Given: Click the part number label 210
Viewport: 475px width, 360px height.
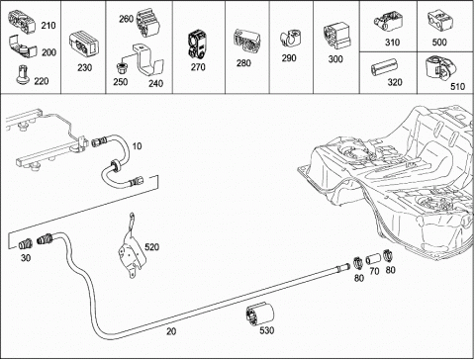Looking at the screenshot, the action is pyautogui.click(x=48, y=26).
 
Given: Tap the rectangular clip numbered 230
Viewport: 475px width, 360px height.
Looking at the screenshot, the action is pyautogui.click(x=84, y=43).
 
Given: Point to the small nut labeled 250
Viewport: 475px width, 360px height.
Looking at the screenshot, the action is pyautogui.click(x=121, y=68).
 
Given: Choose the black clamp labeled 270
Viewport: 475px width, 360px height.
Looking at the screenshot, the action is pyautogui.click(x=197, y=45).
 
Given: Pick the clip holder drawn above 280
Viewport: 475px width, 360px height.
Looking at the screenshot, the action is pyautogui.click(x=247, y=42).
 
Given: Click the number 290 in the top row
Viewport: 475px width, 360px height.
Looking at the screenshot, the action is pyautogui.click(x=289, y=58).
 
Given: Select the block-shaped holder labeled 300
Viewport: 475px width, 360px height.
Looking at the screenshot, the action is pyautogui.click(x=336, y=37).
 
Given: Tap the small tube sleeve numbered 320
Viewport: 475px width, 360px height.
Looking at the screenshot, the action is pyautogui.click(x=384, y=66).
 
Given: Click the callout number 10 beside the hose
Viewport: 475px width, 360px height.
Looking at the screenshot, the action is pyautogui.click(x=137, y=145).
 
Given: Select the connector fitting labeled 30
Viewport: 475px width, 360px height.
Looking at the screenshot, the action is pyautogui.click(x=25, y=244).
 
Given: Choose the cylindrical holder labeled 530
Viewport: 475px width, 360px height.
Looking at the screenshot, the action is pyautogui.click(x=260, y=314).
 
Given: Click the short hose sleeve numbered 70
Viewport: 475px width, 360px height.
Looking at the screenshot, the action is pyautogui.click(x=373, y=259).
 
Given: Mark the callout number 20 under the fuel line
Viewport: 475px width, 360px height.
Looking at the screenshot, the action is pyautogui.click(x=171, y=331).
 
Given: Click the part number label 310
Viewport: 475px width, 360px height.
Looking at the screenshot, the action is pyautogui.click(x=392, y=43).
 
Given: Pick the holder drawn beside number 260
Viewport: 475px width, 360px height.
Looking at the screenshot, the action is pyautogui.click(x=148, y=22).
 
